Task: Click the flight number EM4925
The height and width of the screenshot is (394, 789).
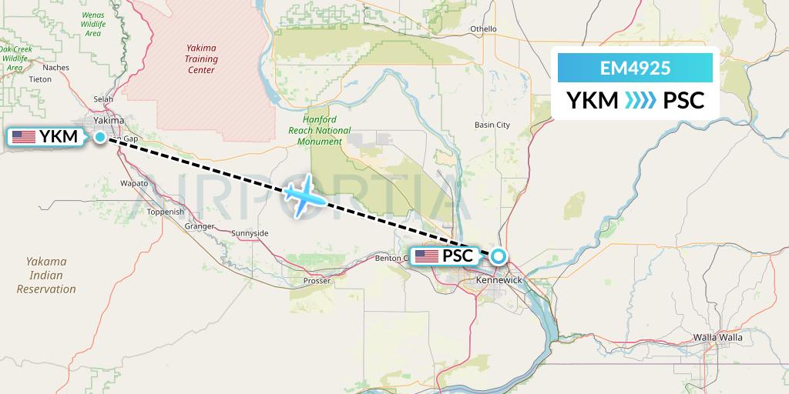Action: coord(635,68)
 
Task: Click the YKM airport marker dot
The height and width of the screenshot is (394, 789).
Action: coord(100,137)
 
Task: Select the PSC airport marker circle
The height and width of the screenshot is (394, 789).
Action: coord(499,256)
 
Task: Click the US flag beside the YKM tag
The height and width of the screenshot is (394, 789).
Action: coord(24,137)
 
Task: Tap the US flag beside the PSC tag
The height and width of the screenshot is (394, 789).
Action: coord(427,256)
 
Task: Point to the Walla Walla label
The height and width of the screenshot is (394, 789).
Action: coord(717,337)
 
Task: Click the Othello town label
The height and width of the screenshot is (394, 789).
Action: coord(484,29)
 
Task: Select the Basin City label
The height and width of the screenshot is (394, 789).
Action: coord(492,125)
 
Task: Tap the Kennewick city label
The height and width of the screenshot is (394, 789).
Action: coord(499,279)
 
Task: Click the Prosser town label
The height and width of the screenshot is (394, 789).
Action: coord(317,281)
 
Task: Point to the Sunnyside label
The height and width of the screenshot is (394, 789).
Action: coord(250,232)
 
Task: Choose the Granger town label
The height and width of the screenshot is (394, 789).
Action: coord(200,226)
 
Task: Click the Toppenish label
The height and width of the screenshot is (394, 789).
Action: coord(166,212)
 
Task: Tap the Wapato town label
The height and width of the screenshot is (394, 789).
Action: coord(134,183)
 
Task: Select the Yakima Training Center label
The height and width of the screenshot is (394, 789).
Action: coord(201,58)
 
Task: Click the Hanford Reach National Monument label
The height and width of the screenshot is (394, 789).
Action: coord(326,131)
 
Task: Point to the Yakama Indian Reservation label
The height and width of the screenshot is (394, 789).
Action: coord(46,275)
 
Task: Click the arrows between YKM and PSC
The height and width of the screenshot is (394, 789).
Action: coord(640,101)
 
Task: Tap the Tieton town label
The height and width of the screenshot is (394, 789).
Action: coord(39,79)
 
